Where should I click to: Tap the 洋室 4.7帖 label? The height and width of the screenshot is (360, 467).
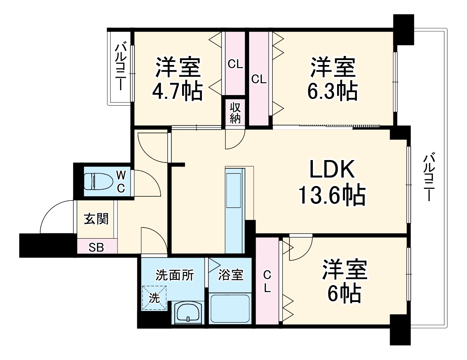point(178,79)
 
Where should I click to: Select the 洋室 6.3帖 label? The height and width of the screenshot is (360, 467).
point(333,79)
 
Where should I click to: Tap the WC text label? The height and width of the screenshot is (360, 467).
point(121,181)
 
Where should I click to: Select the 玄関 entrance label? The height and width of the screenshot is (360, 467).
point(96,219)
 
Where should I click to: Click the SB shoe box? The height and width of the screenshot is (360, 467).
point(97,247)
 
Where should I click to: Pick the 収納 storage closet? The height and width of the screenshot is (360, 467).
point(235,112)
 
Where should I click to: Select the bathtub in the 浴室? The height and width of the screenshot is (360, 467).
point(230,309)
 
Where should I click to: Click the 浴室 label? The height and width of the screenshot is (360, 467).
point(231,275)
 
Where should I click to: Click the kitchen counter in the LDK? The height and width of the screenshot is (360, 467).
point(235,210)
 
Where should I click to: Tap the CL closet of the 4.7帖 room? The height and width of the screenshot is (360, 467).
point(235,64)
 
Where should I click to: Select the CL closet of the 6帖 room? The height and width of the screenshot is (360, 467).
point(267,281)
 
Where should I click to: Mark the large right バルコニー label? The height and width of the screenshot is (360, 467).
point(429,177)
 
